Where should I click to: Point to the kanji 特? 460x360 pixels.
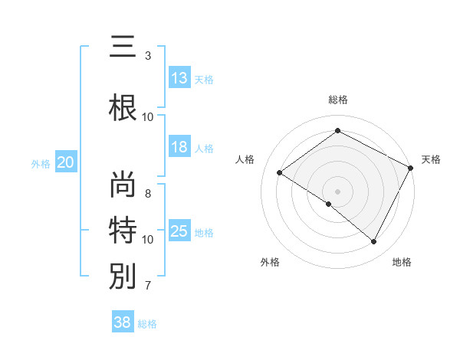tap(123, 229)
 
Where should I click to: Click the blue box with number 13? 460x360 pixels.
tap(179, 78)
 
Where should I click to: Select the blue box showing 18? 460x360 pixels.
tap(179, 147)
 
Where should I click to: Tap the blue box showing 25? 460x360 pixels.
tap(179, 231)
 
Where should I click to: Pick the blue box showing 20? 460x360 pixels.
tap(66, 162)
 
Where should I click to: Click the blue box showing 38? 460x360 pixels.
tap(123, 322)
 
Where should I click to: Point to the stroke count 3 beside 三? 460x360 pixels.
tap(148, 56)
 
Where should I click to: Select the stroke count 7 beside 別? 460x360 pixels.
tap(148, 286)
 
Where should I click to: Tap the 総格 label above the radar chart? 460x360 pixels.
tap(337, 100)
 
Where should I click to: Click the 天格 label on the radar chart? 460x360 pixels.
tap(431, 159)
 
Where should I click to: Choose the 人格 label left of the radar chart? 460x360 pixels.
tap(245, 159)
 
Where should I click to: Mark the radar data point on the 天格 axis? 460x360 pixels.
tap(411, 168)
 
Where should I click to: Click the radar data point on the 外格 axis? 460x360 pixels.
tap(328, 204)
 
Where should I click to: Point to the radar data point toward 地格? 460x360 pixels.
tap(374, 242)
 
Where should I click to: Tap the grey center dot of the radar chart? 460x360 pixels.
tap(337, 191)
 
